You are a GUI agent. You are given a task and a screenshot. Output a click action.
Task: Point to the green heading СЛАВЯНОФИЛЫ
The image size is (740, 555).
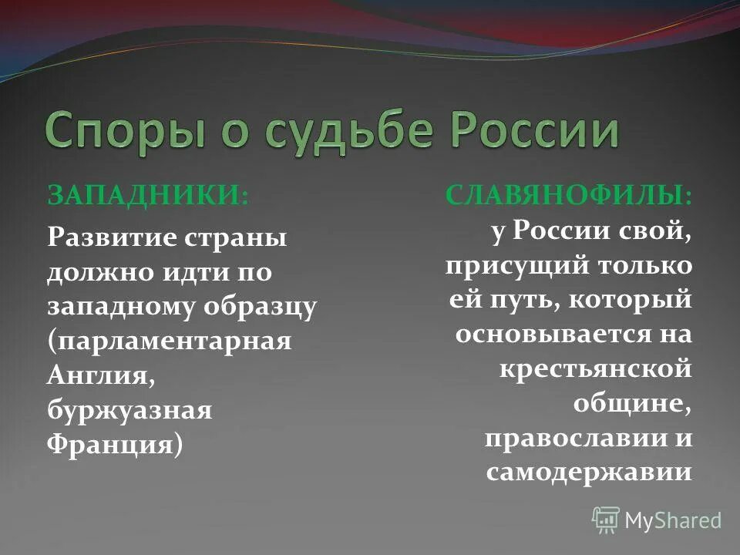pos(568,194)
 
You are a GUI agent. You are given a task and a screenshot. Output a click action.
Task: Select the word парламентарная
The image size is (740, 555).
pos(170,341)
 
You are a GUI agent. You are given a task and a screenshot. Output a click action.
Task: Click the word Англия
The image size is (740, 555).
pos(97,375)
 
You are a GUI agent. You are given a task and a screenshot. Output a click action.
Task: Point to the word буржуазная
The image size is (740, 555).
pos(129,411)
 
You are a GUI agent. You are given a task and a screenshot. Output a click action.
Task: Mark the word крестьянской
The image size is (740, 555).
pos(596,368)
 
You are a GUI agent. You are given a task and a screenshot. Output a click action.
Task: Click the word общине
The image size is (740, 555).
pos(631,403)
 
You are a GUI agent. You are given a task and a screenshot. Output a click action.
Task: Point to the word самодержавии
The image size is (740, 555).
pos(589,473)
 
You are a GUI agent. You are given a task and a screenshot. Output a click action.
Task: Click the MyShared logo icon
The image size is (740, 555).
pos(606,520)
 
